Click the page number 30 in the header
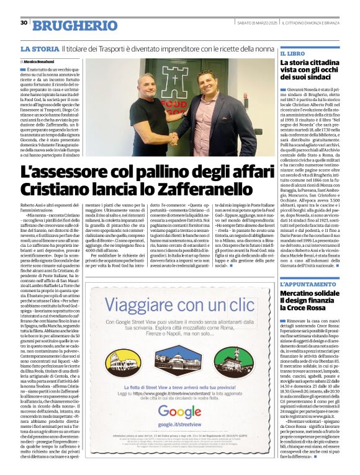click(x=24, y=23)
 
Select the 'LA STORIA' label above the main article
click(x=40, y=48)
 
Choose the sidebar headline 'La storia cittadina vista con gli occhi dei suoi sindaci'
click(x=310, y=72)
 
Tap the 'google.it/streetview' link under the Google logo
click(x=179, y=426)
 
